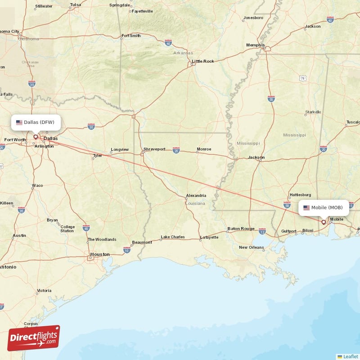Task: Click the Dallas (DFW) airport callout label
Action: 36,122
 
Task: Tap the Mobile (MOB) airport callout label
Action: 324,207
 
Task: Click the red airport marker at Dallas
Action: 36,136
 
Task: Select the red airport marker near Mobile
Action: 323,221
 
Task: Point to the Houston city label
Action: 99,254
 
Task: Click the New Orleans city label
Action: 251,247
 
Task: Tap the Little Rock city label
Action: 203,61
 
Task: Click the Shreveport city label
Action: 154,149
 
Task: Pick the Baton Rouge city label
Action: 241,229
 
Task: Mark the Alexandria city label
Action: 196,196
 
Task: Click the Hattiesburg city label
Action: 300,195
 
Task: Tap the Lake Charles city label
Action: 173,237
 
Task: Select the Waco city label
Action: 37,185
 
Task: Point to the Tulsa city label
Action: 75,5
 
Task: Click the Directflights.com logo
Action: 34,338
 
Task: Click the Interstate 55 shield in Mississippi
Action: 271,99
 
